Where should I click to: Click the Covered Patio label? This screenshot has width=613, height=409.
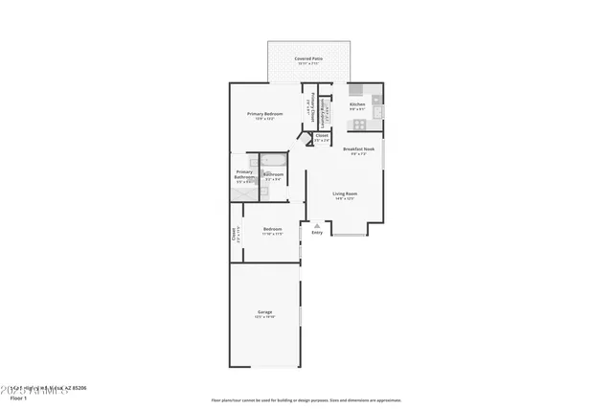click(308, 58)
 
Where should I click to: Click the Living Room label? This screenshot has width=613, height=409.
click(344, 194)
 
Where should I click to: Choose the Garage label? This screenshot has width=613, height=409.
click(264, 312)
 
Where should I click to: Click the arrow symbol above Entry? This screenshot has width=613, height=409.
click(317, 225)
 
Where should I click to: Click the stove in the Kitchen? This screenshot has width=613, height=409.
click(356, 90)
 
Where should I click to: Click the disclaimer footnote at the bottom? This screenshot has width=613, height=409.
click(306, 400)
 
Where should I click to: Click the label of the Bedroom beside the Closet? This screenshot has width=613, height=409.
click(272, 229)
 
